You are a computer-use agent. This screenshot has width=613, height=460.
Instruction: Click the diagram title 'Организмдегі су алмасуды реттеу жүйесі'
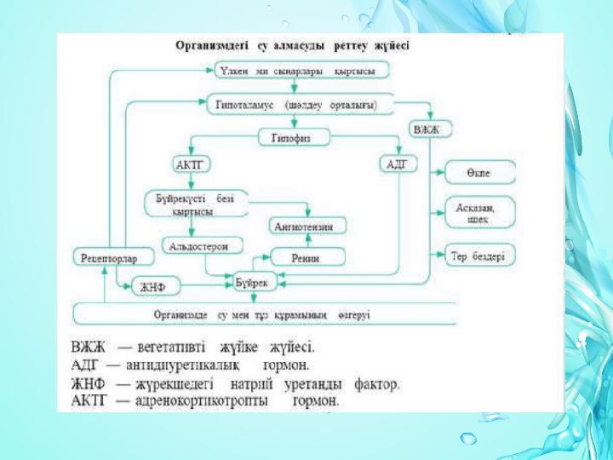[x=291, y=46]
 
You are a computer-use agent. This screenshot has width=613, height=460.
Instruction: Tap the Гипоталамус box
[x=302, y=104]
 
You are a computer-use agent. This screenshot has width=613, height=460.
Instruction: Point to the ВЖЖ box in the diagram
[x=430, y=130]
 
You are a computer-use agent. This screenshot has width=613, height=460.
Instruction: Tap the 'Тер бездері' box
[x=476, y=255]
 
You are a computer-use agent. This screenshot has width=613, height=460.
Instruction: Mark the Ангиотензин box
[x=297, y=226]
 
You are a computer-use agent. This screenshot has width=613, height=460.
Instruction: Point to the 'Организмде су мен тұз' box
[x=261, y=314]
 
